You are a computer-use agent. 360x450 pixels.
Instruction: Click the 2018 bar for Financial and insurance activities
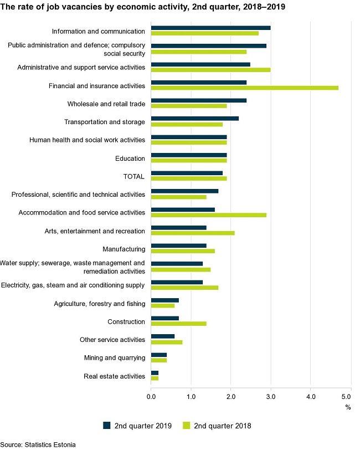click(244, 88)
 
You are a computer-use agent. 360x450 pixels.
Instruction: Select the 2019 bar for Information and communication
click(210, 28)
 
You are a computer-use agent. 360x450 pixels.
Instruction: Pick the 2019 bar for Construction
click(164, 318)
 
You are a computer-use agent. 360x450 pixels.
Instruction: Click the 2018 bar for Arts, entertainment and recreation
click(192, 233)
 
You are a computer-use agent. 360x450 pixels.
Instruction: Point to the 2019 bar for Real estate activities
click(155, 372)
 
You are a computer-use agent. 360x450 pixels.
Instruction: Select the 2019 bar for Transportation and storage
click(194, 119)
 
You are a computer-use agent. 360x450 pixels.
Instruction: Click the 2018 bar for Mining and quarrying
click(158, 360)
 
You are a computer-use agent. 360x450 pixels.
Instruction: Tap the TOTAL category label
click(133, 177)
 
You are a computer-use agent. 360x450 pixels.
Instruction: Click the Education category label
click(130, 158)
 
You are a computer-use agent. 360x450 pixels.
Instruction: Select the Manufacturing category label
click(124, 249)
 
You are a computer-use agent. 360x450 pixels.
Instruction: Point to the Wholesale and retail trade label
click(106, 104)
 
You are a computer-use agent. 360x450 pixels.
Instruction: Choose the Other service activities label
click(112, 340)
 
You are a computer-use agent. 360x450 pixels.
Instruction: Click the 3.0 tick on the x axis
click(270, 397)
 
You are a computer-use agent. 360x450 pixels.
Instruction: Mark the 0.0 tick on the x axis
click(151, 397)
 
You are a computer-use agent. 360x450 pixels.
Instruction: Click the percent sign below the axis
click(348, 407)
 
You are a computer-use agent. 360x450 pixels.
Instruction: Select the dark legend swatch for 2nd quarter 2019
click(107, 425)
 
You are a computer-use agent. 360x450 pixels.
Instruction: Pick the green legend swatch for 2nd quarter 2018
click(187, 425)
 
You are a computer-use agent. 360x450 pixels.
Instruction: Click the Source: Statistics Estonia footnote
click(38, 444)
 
